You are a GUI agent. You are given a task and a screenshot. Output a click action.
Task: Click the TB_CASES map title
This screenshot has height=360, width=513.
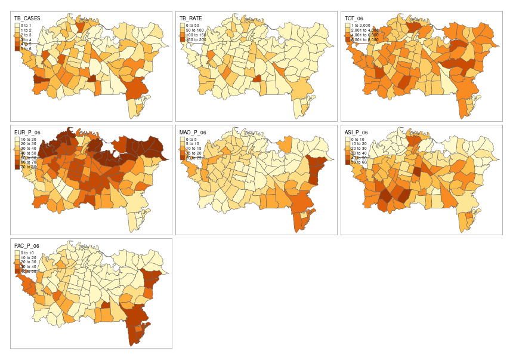27,19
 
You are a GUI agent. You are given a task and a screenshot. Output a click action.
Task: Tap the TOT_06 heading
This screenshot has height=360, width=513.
355,19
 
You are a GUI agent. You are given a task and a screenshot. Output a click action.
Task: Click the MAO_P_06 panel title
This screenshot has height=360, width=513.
193,133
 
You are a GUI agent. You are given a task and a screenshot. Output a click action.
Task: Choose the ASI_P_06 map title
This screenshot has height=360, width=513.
356,133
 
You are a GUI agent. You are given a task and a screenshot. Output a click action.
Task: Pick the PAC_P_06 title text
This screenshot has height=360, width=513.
27,246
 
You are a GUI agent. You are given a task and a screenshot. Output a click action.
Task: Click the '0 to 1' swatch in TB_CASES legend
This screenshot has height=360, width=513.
17,26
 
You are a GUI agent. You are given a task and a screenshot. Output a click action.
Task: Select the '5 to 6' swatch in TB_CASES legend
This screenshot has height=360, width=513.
17,50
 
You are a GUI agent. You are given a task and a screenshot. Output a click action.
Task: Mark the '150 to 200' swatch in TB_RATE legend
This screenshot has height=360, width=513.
182,40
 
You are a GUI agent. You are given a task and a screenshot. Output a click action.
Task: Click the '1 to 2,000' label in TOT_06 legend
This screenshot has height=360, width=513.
361,26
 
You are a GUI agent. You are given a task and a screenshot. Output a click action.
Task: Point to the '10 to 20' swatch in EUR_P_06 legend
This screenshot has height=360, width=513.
17,139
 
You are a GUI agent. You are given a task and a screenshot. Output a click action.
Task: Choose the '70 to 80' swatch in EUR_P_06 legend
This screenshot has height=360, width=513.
17,168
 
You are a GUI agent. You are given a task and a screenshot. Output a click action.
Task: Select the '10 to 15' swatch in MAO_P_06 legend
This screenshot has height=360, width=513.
182,149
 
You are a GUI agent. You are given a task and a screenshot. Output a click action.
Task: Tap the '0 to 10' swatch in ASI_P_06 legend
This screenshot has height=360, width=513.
347,139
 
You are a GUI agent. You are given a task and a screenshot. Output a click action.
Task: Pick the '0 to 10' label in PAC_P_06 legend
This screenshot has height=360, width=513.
29,253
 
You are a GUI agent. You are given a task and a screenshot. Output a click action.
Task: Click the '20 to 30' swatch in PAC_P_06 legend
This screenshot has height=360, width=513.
17,262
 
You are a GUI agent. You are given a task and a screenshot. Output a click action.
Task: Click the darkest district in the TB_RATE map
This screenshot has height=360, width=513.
257,78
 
